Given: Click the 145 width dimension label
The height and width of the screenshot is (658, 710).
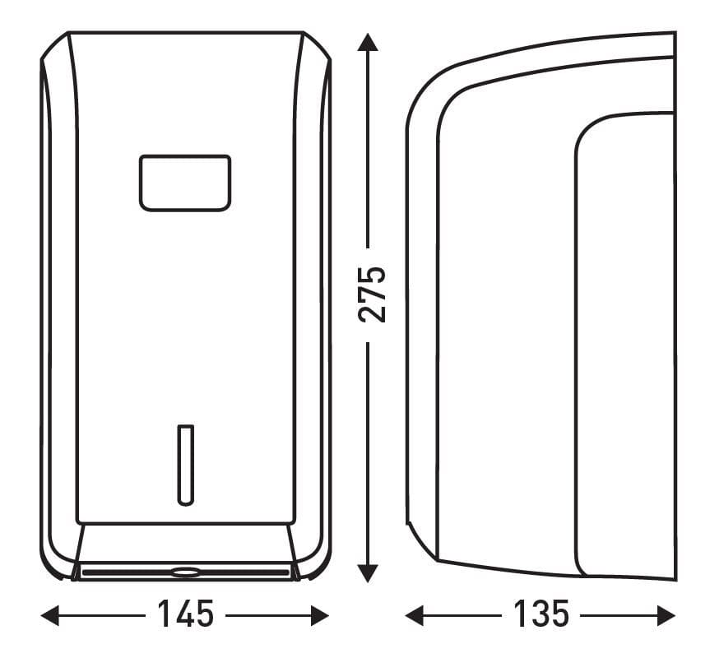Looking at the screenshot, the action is click(x=186, y=614).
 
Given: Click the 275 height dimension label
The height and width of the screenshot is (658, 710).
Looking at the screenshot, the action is click(x=372, y=295).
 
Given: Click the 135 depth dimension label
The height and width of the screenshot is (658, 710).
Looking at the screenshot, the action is click(x=541, y=614).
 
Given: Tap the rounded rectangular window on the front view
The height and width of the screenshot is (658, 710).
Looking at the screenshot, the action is click(x=185, y=183).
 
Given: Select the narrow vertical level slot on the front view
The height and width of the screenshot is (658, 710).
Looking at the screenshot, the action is click(x=185, y=466).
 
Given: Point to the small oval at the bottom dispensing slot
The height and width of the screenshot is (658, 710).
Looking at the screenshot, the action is click(x=185, y=573).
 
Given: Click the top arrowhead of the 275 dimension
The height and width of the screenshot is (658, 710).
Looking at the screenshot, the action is click(x=368, y=42).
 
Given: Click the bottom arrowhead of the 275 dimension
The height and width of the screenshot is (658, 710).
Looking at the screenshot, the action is click(x=368, y=573).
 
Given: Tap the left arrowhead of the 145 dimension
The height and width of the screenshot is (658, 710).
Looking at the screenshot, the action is click(x=50, y=615).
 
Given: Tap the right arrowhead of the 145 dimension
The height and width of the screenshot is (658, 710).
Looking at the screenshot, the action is click(x=320, y=615).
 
